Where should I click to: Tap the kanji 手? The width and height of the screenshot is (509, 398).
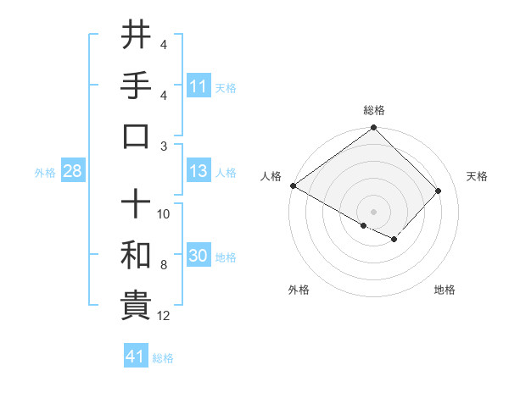[136, 86]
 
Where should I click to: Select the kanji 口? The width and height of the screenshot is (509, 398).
[136, 136]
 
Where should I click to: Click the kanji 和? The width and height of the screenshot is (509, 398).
[136, 255]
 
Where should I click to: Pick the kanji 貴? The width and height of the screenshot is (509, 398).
[136, 306]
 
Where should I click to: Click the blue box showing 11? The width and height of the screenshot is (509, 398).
[198, 86]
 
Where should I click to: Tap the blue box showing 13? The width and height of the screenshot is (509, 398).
[198, 171]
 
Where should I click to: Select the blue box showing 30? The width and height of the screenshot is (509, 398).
[198, 256]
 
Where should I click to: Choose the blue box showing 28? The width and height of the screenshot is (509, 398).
[72, 171]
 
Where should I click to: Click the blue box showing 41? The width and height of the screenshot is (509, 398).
[136, 357]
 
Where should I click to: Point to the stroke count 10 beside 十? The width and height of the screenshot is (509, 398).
[164, 214]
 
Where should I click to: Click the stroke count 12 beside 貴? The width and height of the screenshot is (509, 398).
[164, 316]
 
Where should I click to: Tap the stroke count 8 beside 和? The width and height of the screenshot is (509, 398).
[163, 265]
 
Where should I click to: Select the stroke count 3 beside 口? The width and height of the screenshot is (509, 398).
[163, 145]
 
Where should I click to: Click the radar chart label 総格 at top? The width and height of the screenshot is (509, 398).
[374, 110]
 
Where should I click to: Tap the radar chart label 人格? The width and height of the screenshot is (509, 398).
[271, 176]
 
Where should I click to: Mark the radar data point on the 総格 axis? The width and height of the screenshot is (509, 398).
[374, 129]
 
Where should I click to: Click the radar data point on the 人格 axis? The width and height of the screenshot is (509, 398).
[293, 185]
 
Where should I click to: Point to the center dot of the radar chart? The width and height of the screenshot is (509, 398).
[374, 211]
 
